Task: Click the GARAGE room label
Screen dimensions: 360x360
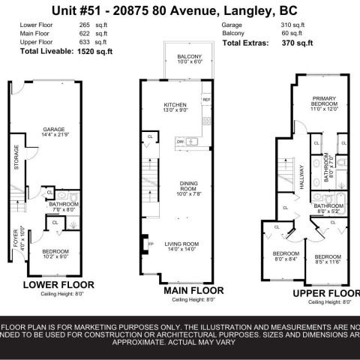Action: click(x=53, y=128)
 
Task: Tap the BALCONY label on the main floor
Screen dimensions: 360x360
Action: click(x=177, y=56)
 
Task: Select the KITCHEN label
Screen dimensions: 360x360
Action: click(x=175, y=105)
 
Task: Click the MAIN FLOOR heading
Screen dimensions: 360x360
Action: click(x=193, y=289)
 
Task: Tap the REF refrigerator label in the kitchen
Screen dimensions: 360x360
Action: click(x=206, y=99)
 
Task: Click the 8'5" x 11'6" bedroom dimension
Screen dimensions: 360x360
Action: click(x=328, y=262)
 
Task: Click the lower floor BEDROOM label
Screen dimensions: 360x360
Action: click(x=55, y=250)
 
